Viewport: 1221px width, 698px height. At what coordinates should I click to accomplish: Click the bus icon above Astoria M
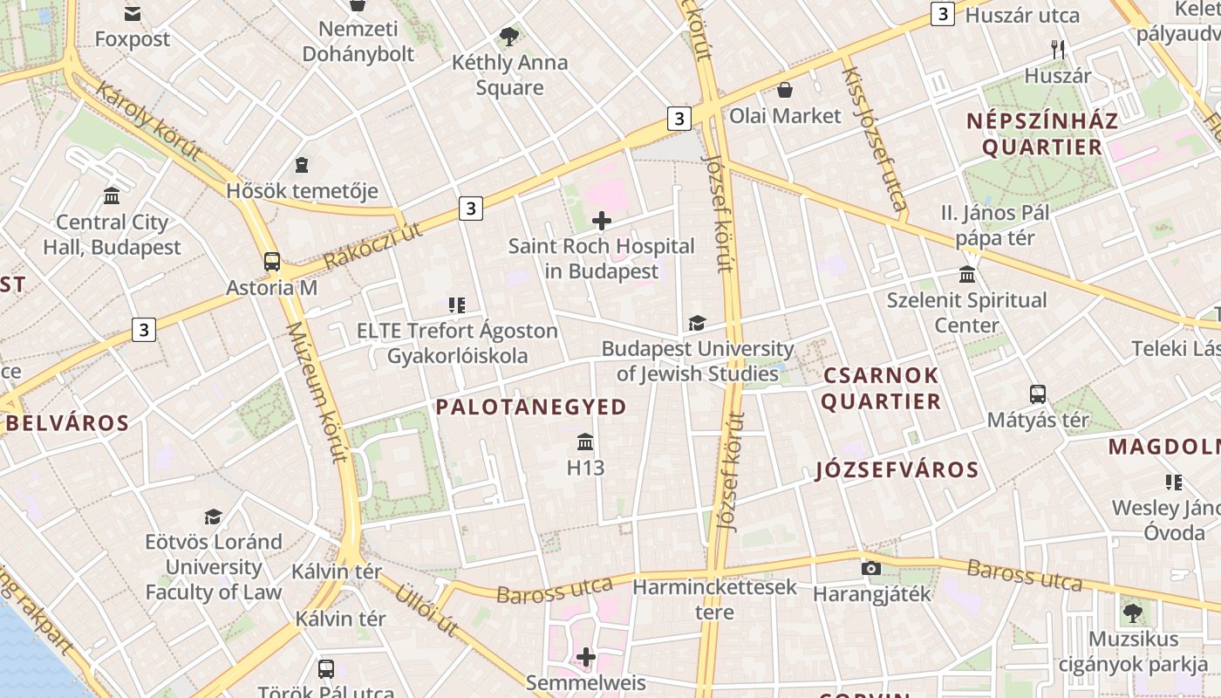[272, 261]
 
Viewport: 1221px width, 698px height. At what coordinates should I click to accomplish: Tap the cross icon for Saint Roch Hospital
[602, 220]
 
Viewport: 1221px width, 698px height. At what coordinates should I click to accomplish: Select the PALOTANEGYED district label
[531, 407]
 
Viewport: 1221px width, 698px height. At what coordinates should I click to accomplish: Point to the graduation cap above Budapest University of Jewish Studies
[697, 324]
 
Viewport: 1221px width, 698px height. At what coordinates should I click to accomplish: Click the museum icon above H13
[585, 441]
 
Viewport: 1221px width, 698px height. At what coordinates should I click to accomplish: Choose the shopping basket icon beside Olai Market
[785, 89]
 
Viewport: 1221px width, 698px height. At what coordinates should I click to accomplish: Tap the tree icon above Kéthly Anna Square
[509, 37]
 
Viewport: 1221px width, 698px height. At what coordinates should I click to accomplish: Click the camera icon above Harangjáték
[870, 568]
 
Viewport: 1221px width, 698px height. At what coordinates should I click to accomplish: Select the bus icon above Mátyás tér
[1037, 393]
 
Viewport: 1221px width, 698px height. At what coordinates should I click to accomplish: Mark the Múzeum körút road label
[318, 393]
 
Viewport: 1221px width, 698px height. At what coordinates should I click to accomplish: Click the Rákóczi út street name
[372, 246]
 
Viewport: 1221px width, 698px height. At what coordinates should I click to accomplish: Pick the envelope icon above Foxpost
[133, 13]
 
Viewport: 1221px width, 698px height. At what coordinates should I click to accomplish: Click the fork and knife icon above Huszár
[1058, 50]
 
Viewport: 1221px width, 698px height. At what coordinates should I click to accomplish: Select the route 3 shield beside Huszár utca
[942, 14]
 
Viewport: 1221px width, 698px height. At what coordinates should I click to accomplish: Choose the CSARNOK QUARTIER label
[881, 388]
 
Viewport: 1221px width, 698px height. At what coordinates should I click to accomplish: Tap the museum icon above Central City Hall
[112, 195]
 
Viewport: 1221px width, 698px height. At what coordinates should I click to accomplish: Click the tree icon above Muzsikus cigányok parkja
[1132, 612]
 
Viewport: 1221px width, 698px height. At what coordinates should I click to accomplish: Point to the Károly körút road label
[148, 122]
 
